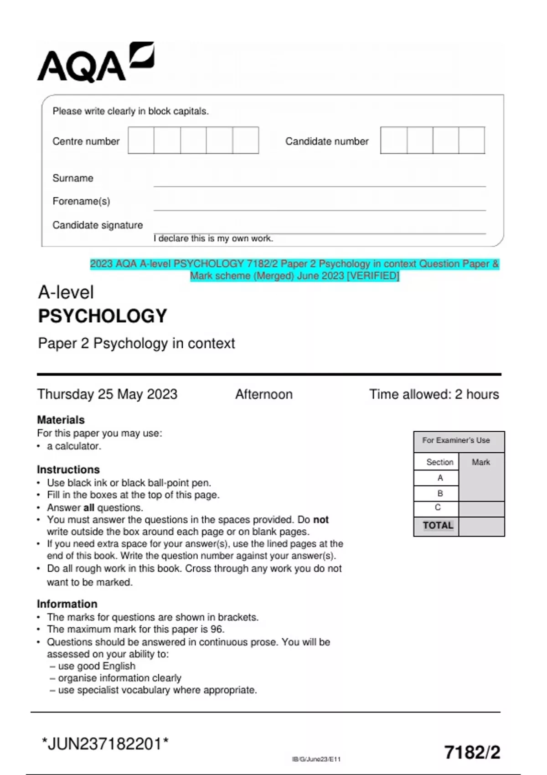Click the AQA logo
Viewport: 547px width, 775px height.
pyautogui.click(x=95, y=62)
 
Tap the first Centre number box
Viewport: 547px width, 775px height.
pyautogui.click(x=141, y=140)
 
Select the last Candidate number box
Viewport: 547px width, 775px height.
pyautogui.click(x=471, y=140)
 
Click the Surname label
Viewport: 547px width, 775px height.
pyautogui.click(x=73, y=178)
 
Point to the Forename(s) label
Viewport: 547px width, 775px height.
pyautogui.click(x=81, y=201)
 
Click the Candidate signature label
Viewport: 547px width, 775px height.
pyautogui.click(x=98, y=225)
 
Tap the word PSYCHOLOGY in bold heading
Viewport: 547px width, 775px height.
pyautogui.click(x=103, y=316)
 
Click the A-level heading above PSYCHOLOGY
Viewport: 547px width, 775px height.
pyautogui.click(x=66, y=292)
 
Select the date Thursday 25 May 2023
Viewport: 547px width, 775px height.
pyautogui.click(x=107, y=394)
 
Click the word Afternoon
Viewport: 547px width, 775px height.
pyautogui.click(x=264, y=394)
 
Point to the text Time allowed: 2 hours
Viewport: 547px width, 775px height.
pyautogui.click(x=434, y=394)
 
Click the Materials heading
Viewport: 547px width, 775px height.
pyautogui.click(x=61, y=420)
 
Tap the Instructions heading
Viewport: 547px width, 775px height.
pyautogui.click(x=68, y=470)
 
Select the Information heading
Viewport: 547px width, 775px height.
pyautogui.click(x=67, y=604)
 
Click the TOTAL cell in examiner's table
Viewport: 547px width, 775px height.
pyautogui.click(x=438, y=526)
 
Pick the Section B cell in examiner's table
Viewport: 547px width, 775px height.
pyautogui.click(x=440, y=493)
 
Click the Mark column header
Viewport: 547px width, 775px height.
pyautogui.click(x=481, y=462)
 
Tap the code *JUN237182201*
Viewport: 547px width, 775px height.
pyautogui.click(x=105, y=744)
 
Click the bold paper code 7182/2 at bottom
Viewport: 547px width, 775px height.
pyautogui.click(x=472, y=752)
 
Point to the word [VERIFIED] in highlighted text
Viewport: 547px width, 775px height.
pyautogui.click(x=373, y=276)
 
